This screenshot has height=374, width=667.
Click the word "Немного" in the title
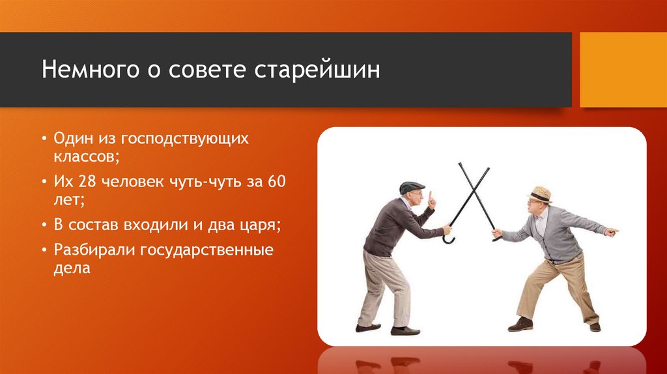point(90,69)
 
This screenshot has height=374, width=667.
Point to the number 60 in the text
point(276,181)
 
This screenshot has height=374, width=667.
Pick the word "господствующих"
point(184,139)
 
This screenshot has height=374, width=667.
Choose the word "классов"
point(87,156)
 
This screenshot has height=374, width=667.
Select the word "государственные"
point(206,250)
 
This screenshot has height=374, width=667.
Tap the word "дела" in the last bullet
point(72,268)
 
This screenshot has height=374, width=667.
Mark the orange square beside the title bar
point(623,70)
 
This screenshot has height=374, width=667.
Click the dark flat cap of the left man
point(412,187)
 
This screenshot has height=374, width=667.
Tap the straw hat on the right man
point(540,194)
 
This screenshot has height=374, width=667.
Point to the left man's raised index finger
point(431,197)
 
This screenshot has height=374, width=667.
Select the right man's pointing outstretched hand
point(611,232)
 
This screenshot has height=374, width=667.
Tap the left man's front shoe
point(405,330)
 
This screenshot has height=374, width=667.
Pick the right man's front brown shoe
point(520,324)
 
